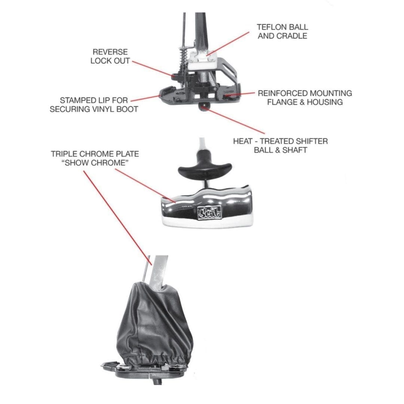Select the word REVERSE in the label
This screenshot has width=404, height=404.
[110, 52]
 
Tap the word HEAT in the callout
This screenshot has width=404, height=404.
[243, 141]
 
